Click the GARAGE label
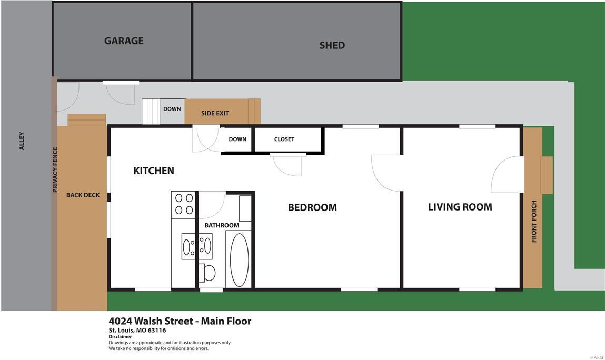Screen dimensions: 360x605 [x=124, y=41]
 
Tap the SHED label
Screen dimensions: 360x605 [x=332, y=45]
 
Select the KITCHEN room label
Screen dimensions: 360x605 [x=153, y=171]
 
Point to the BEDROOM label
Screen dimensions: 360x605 [x=312, y=207]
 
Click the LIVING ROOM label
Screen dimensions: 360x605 [x=460, y=207]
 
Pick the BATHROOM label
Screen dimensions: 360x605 [x=222, y=225]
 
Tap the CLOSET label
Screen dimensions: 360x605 [x=284, y=139]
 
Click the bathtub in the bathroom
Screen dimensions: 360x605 [x=239, y=259]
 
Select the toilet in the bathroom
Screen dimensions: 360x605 [x=208, y=273]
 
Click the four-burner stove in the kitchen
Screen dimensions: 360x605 [x=184, y=204]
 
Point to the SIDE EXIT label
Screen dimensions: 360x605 [x=215, y=113]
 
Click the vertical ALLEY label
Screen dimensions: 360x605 [x=22, y=141]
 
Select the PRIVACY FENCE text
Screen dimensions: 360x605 [x=55, y=169]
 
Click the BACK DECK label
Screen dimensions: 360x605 [x=83, y=195]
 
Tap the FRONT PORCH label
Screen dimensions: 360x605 [x=534, y=221]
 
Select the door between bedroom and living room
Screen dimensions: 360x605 [x=386, y=173]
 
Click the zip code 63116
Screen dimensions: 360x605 [x=156, y=331]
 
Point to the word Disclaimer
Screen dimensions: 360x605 [x=120, y=337]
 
